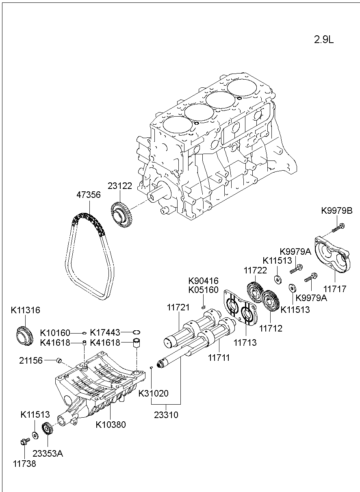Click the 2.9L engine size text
[x=323, y=40]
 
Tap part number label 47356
[x=89, y=195]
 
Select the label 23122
[x=120, y=186]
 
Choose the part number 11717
[x=335, y=289]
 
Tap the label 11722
[x=255, y=270]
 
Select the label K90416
[x=203, y=281]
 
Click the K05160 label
[x=203, y=290]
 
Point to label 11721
[x=178, y=308]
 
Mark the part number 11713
[x=245, y=342]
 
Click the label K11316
[x=25, y=310]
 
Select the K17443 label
[x=105, y=332]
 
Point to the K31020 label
[x=154, y=393]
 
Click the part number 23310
[x=166, y=415]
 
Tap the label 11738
[x=24, y=464]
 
